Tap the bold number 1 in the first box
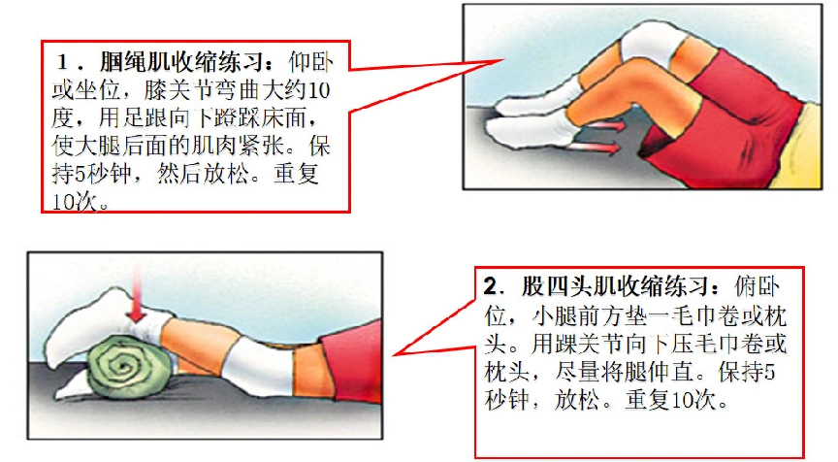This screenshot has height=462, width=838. coord(66,61)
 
